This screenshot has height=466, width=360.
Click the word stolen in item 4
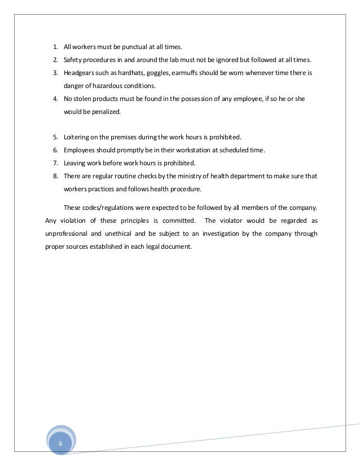click(x=85, y=100)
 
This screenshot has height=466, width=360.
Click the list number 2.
click(x=55, y=60)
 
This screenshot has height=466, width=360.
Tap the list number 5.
click(x=55, y=137)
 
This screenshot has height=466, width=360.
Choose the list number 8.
click(x=55, y=176)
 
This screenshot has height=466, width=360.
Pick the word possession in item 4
click(x=193, y=100)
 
